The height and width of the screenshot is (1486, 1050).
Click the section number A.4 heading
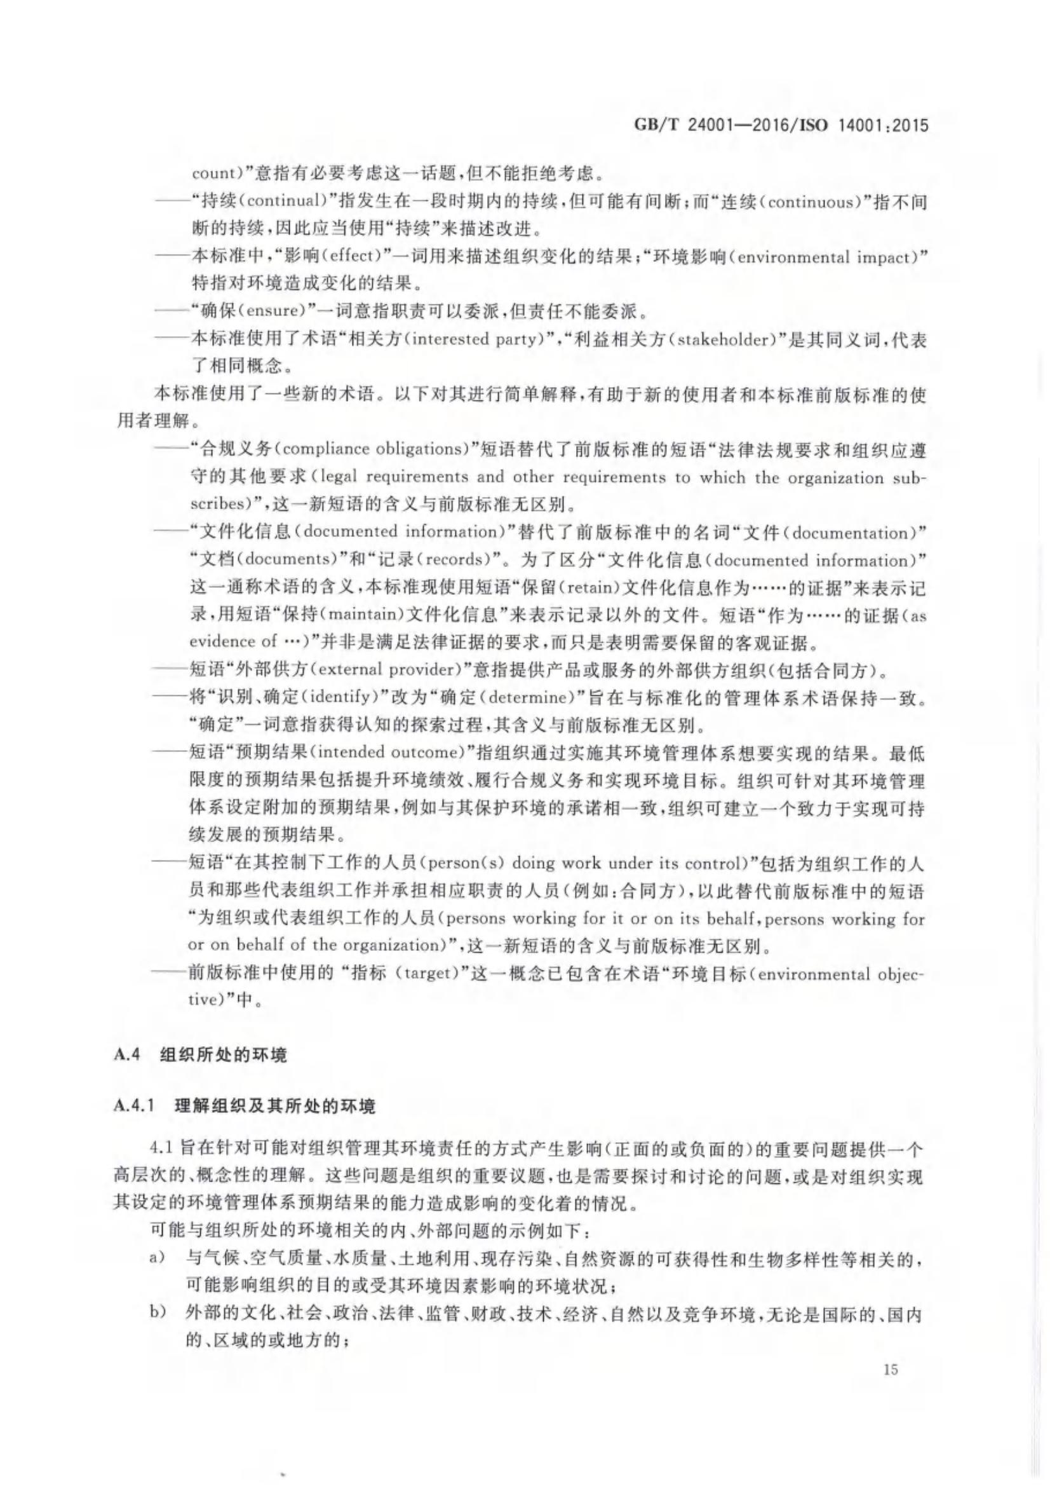click(x=127, y=1054)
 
